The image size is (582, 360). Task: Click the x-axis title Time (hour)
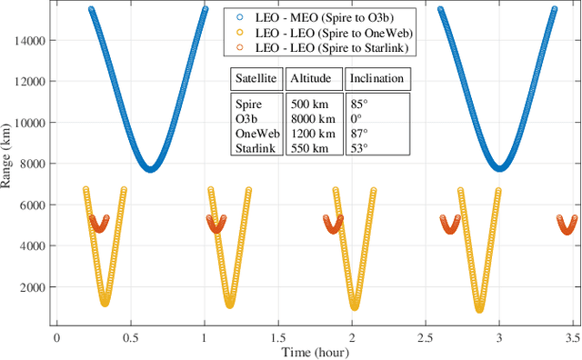click(x=315, y=352)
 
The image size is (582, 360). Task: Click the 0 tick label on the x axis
click(x=56, y=335)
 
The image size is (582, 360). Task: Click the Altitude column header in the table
click(x=314, y=78)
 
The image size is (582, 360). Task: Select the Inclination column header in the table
click(x=376, y=78)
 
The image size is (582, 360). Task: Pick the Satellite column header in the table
click(x=256, y=78)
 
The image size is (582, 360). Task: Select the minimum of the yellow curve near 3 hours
click(x=479, y=309)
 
